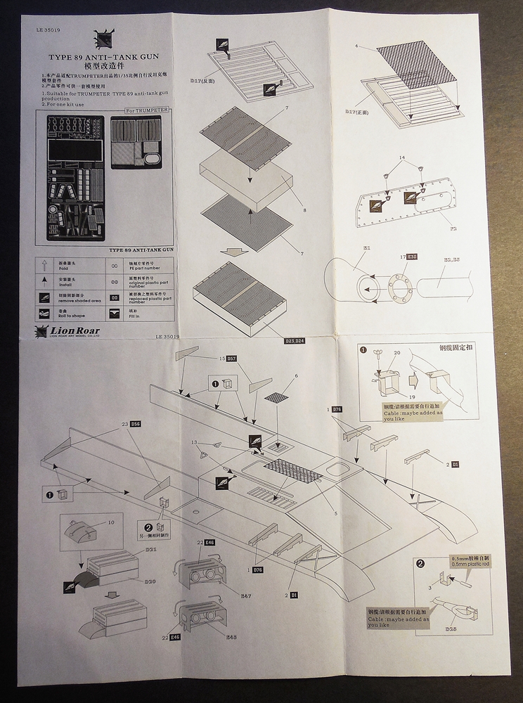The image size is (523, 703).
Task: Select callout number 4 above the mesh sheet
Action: [x=357, y=46]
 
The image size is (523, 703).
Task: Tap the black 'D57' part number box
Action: [x=231, y=359]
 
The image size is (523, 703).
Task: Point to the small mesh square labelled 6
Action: [x=276, y=396]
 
